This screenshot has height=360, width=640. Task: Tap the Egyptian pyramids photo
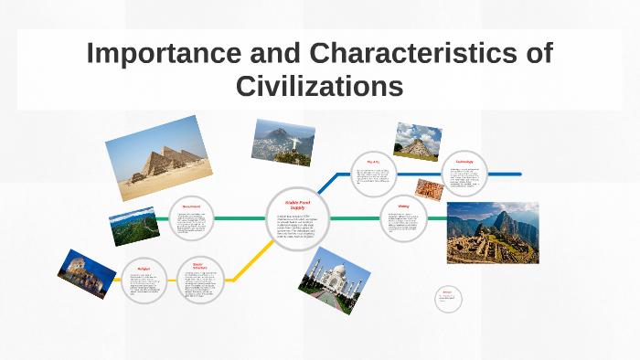pos(159,158)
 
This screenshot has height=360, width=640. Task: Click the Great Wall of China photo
pos(134,228)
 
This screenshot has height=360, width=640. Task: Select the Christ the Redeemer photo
pos(283,142)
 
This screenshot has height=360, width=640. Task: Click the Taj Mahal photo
pos(335,280)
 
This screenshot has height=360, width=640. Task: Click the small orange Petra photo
pos(428,189)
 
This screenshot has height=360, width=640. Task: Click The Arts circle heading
pos(373,162)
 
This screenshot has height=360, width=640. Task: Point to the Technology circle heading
pos(464,162)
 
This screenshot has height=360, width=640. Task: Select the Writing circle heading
pos(403,206)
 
